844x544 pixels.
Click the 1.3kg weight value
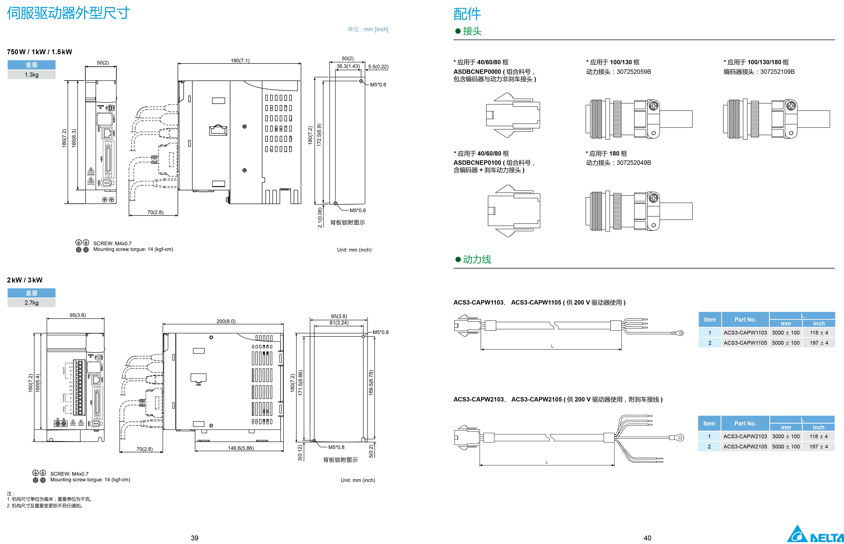pos(31,74)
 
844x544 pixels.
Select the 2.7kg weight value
pos(31,303)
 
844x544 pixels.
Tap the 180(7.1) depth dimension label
pos(240,60)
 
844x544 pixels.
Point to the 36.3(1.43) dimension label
pos(348,66)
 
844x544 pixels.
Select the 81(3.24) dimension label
pos(339,323)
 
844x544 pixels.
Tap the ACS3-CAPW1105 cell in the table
pos(745,343)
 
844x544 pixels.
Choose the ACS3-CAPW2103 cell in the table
pos(745,436)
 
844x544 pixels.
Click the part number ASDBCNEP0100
pos(477,163)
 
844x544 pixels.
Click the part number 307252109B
pos(777,72)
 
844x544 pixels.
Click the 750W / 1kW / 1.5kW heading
pos(40,52)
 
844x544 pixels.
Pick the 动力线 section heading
pos(477,260)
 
